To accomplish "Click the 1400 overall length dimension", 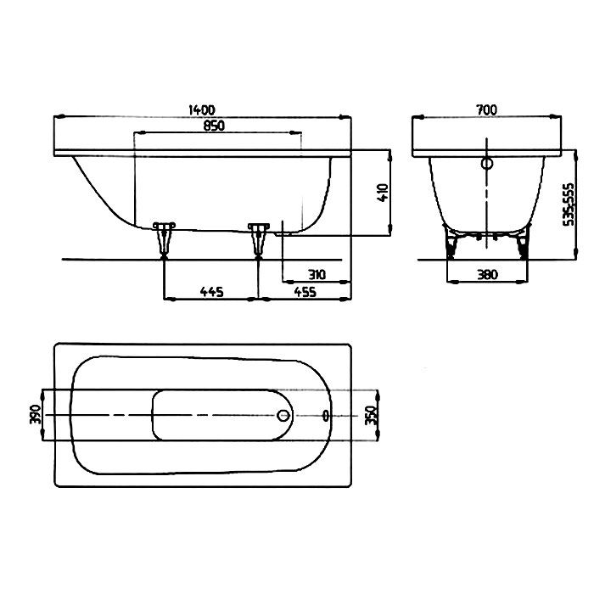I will tap(203, 109).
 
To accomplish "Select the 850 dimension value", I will tap(214, 126).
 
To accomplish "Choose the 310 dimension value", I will tap(316, 274).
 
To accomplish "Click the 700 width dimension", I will tap(486, 109).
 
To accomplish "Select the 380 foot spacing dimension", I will tap(486, 274).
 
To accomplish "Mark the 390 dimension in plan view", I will tap(35, 414).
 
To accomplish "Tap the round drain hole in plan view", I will tap(284, 415).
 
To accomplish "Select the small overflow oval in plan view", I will tap(328, 415).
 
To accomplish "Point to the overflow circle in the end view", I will tap(487, 164).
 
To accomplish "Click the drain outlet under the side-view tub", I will tap(284, 230).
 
